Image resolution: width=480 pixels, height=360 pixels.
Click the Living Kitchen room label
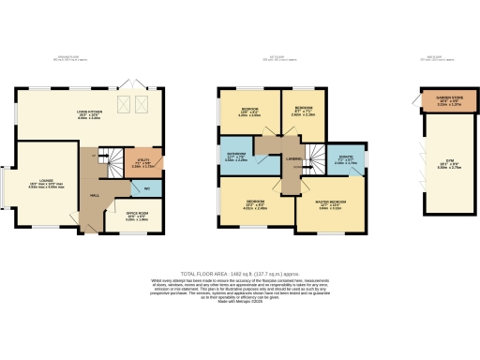pyautogui.click(x=88, y=116)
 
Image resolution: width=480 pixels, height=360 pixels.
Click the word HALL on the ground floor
pyautogui.click(x=95, y=196)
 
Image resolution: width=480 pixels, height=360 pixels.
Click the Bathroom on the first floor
pyautogui.click(x=236, y=158)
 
